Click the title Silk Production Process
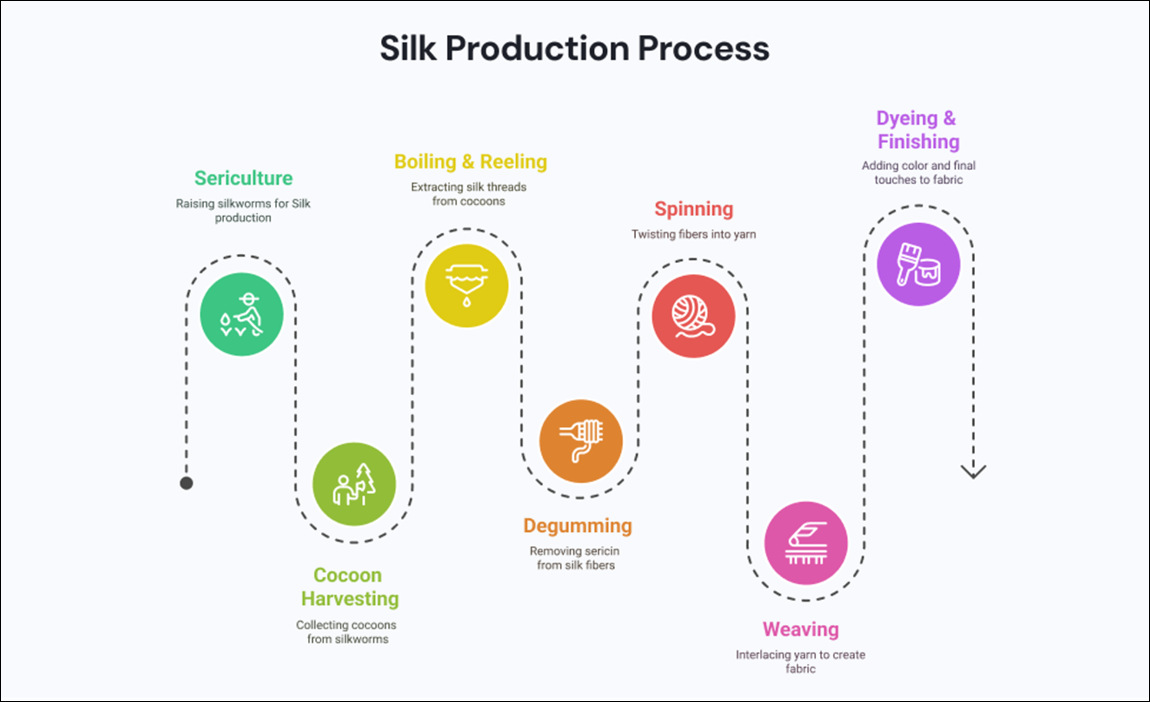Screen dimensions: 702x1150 tap(574, 48)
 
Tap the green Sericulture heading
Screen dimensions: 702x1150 tap(244, 178)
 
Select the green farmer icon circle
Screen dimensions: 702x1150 tap(241, 314)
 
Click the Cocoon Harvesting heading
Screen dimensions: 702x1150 tap(350, 587)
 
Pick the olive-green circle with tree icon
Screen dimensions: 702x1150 tap(354, 484)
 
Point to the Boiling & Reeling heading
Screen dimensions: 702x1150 tap(470, 161)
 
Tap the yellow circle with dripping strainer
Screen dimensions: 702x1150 tap(466, 286)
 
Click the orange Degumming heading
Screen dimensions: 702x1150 tap(577, 525)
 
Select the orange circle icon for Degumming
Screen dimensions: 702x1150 tap(580, 441)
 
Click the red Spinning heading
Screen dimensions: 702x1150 tap(694, 208)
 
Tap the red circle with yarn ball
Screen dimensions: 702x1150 tap(693, 316)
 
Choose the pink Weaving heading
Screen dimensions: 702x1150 tap(800, 629)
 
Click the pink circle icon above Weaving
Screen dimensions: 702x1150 tap(806, 542)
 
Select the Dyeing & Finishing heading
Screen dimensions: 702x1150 tap(918, 130)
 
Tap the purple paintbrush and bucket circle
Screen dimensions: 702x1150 tap(918, 264)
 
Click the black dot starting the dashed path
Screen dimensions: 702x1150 tap(187, 484)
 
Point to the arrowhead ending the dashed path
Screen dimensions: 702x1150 tap(973, 471)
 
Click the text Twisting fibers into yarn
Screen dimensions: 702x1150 tap(693, 234)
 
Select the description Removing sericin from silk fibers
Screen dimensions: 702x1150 tap(575, 558)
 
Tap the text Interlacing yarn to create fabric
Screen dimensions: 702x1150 tap(800, 661)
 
